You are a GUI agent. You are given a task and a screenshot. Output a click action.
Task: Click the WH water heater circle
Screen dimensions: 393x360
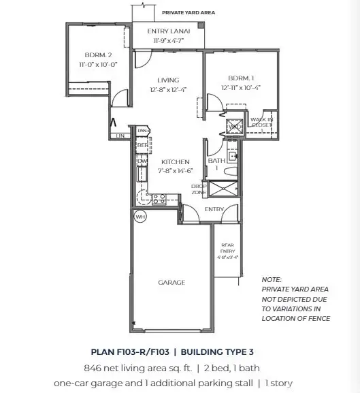click(x=141, y=217)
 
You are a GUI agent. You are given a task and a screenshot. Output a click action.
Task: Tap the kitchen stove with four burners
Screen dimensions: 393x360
click(x=159, y=199)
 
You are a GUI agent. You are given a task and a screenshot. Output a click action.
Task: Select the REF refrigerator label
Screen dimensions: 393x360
click(x=142, y=145)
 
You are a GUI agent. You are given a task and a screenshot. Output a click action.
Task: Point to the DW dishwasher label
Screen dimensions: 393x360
click(x=142, y=161)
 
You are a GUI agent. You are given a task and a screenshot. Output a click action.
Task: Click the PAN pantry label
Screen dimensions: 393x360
click(x=143, y=130)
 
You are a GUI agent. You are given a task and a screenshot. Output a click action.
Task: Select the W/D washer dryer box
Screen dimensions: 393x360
click(x=235, y=126)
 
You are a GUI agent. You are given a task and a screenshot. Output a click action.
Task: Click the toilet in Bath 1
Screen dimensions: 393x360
click(x=231, y=156)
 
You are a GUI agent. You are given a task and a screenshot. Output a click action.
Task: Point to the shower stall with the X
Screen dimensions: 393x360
click(x=223, y=189)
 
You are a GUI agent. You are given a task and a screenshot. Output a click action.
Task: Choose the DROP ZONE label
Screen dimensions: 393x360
click(x=198, y=189)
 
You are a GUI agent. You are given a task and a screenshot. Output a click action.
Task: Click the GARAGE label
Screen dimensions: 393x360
click(x=172, y=282)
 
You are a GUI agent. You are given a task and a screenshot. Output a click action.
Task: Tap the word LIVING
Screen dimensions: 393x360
click(x=167, y=80)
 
